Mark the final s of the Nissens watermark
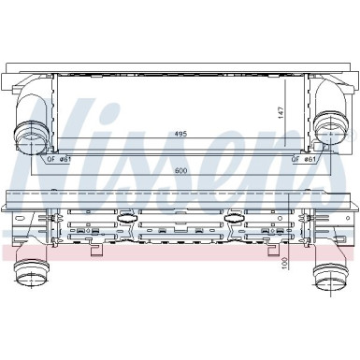coord(327,140)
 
